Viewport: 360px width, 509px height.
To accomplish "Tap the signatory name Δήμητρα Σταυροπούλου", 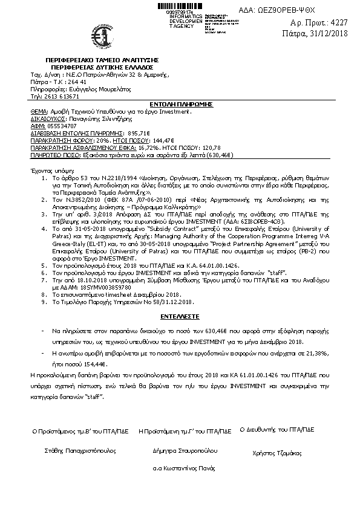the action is pyautogui.click(x=185, y=451).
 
